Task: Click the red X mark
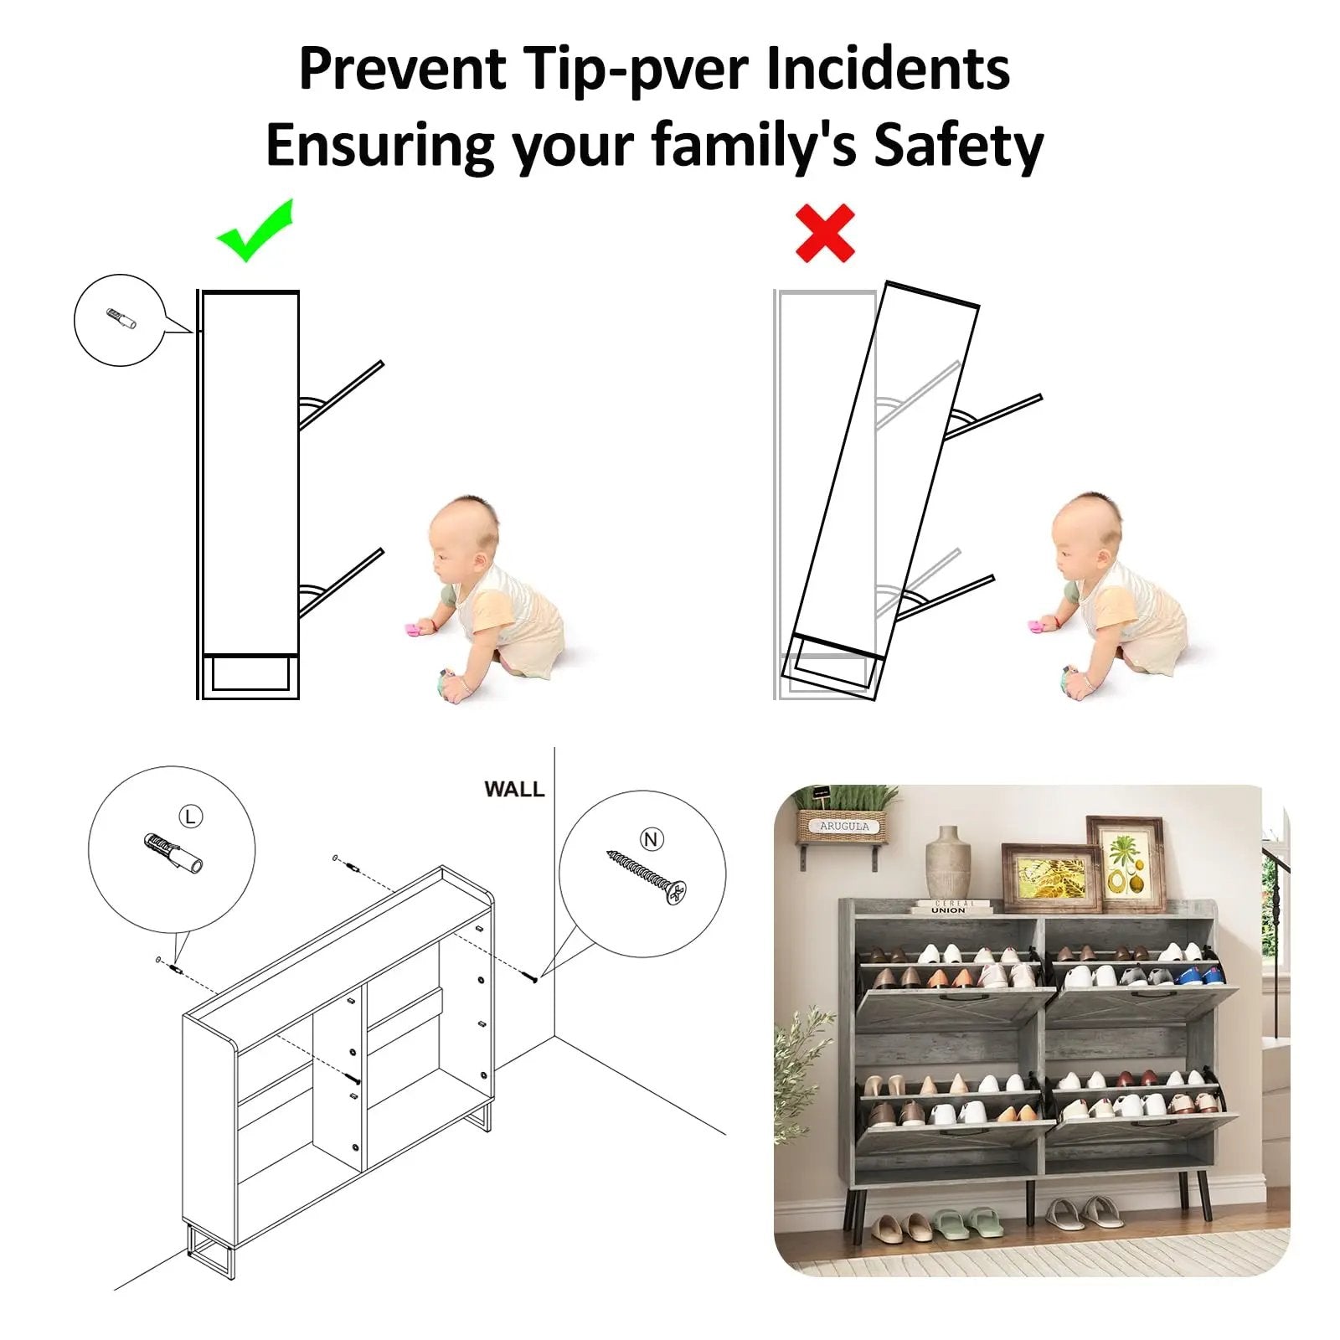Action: point(825,233)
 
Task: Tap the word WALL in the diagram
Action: point(514,789)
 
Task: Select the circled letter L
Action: point(191,817)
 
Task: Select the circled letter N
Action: point(652,839)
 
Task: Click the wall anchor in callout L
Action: point(173,853)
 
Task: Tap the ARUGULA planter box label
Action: point(843,826)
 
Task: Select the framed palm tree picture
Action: point(1126,864)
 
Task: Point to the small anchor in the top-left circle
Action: point(121,319)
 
